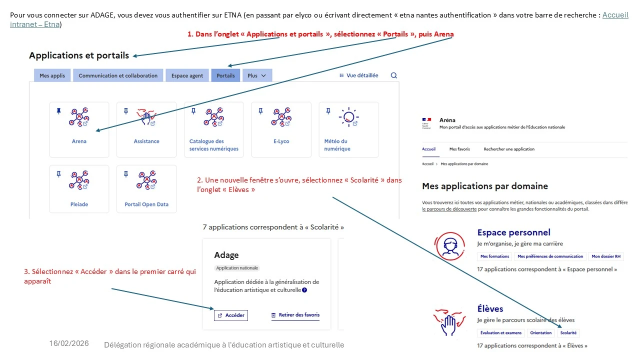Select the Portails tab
click(x=225, y=75)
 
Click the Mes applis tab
click(x=52, y=75)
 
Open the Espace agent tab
click(x=187, y=75)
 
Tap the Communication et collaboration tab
click(x=118, y=75)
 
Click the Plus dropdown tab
click(x=257, y=75)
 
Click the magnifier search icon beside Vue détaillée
click(x=393, y=75)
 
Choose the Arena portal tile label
click(x=79, y=141)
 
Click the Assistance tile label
click(x=146, y=141)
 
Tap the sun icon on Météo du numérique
click(x=348, y=117)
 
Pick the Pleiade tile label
click(x=79, y=204)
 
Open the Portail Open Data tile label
click(x=146, y=204)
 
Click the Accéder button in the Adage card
click(x=231, y=315)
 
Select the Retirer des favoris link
click(x=295, y=315)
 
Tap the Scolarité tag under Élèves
click(x=568, y=333)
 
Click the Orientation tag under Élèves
click(x=541, y=333)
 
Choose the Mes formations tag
click(x=494, y=256)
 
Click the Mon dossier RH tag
click(x=605, y=256)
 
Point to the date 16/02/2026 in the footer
click(x=69, y=343)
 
